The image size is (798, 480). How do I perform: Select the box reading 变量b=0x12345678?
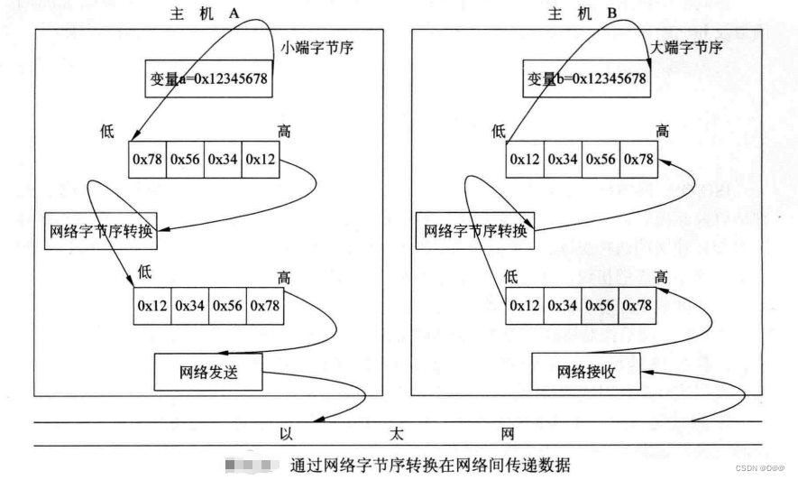[587, 79]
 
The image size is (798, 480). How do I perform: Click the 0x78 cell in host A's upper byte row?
[147, 159]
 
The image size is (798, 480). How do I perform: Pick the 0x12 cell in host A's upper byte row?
[261, 159]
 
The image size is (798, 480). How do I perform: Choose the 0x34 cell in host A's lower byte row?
[190, 305]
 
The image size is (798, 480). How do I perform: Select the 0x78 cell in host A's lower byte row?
[265, 305]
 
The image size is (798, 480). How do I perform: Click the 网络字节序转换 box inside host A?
[100, 231]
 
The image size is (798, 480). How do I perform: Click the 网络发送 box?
[207, 370]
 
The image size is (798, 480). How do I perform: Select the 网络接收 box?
[586, 370]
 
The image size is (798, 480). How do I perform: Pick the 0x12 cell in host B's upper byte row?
[524, 159]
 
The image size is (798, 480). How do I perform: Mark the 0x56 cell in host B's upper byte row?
[601, 159]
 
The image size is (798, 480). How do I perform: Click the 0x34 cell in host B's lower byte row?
[563, 305]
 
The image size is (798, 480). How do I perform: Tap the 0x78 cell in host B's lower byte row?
[638, 305]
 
